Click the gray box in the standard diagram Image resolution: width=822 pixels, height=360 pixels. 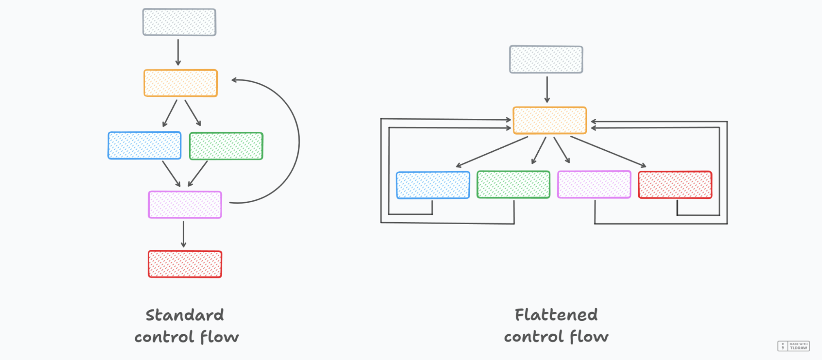179,22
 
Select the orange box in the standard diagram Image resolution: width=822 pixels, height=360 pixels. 181,83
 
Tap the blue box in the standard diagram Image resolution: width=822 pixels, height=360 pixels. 144,146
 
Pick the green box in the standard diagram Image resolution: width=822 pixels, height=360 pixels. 226,146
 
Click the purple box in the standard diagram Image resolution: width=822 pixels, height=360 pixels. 185,204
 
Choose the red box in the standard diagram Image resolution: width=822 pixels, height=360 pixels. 185,264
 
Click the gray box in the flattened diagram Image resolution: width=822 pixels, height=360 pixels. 546,60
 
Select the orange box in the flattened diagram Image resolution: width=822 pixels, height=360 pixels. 550,121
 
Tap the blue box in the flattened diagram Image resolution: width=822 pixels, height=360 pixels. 433,185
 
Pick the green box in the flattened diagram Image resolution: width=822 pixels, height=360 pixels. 514,185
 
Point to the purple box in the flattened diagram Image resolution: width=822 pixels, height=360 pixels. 594,185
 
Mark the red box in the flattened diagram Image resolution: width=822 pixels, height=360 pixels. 675,185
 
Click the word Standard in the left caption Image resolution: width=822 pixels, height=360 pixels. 185,316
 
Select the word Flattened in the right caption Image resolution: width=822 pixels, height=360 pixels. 556,315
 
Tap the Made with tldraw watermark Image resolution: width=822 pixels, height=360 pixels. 793,346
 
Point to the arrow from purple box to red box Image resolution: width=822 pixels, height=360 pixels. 183,234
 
